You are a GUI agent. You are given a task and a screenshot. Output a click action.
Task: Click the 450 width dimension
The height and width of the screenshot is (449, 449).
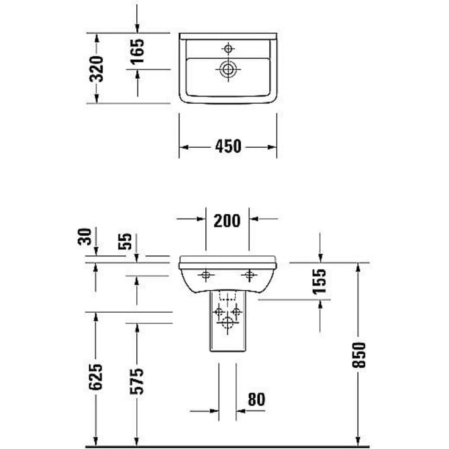[x=227, y=147]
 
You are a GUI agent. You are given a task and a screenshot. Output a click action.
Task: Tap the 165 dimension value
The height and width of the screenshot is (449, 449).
[x=137, y=51]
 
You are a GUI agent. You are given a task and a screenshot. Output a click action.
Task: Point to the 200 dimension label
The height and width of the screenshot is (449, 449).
[x=227, y=220]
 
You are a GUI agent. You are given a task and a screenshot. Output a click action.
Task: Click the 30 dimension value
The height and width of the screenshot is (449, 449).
[x=86, y=236]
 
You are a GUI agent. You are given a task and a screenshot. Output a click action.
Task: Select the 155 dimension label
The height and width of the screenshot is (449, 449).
[x=319, y=281]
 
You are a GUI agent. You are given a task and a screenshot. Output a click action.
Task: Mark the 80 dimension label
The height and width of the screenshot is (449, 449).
[x=256, y=400]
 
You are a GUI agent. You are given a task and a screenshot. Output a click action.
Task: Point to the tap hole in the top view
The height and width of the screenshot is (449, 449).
[x=228, y=48]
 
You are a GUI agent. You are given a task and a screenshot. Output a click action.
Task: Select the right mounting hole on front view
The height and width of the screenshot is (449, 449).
[x=249, y=275]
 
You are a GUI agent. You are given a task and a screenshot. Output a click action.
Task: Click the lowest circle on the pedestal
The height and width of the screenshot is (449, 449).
[x=227, y=323]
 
